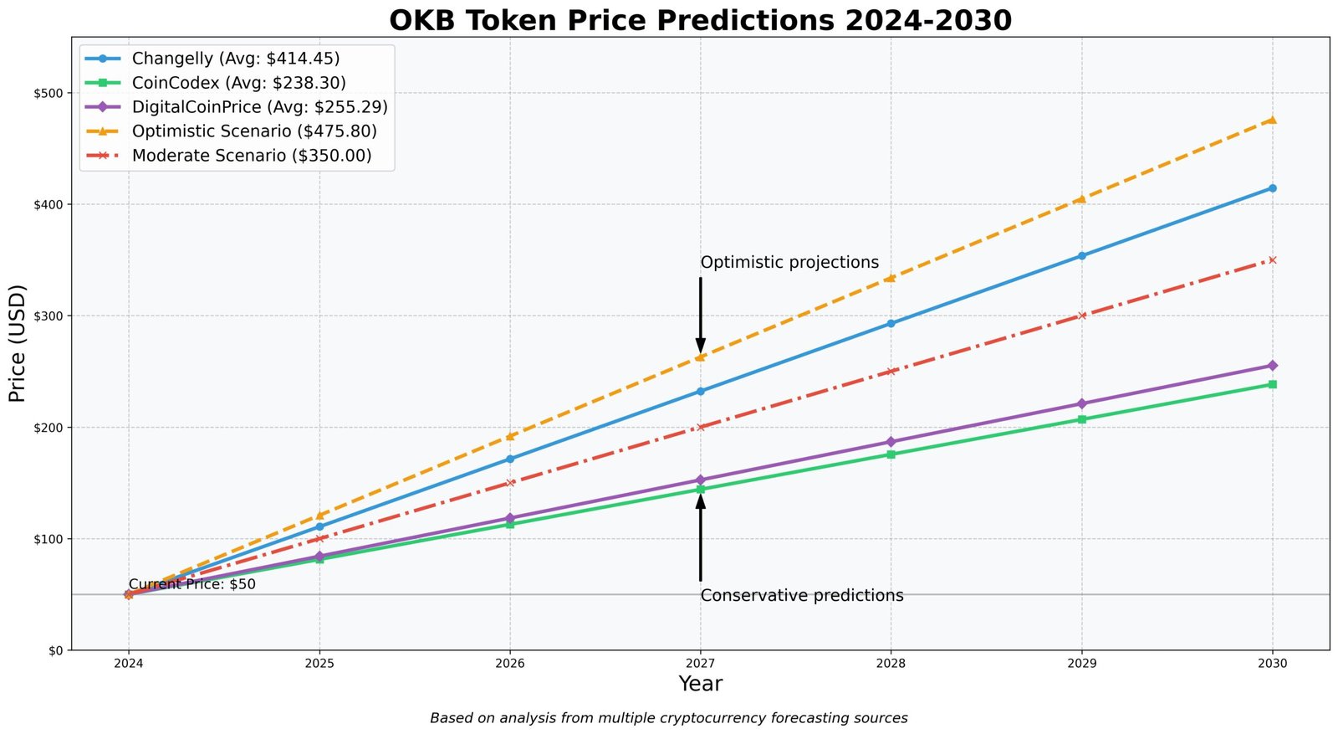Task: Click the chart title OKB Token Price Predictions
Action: pyautogui.click(x=700, y=20)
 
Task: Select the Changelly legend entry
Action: pyautogui.click(x=235, y=59)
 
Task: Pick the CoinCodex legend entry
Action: pyautogui.click(x=238, y=83)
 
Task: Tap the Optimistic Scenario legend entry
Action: pyautogui.click(x=254, y=131)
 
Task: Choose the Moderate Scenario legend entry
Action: pyautogui.click(x=251, y=156)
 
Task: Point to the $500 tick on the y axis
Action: pyautogui.click(x=51, y=93)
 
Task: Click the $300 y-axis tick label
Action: pyautogui.click(x=51, y=316)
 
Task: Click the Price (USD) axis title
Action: pyautogui.click(x=18, y=343)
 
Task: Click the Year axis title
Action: pyautogui.click(x=700, y=684)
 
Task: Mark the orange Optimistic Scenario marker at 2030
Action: pyautogui.click(x=1272, y=120)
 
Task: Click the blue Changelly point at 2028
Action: pyautogui.click(x=891, y=323)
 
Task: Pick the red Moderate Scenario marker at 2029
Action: pyautogui.click(x=1082, y=316)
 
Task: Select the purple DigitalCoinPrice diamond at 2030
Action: pyautogui.click(x=1272, y=366)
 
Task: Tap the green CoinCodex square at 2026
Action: pyautogui.click(x=510, y=524)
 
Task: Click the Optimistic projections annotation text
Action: pyautogui.click(x=789, y=263)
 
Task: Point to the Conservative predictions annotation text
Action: pyautogui.click(x=802, y=596)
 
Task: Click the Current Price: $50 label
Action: pyautogui.click(x=192, y=584)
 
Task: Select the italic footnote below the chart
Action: pyautogui.click(x=668, y=718)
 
